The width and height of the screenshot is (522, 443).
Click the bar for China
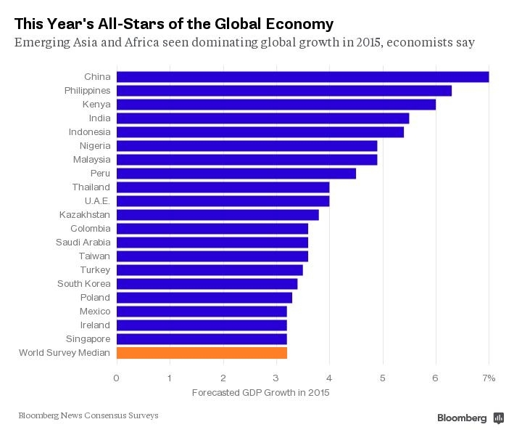pos(302,76)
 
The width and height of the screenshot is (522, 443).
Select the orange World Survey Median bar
pos(202,353)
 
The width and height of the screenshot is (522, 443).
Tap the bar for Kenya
pos(275,104)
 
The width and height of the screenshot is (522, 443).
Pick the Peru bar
pos(236,173)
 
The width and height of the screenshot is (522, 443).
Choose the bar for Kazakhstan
pos(217,214)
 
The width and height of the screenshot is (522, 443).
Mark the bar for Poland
pos(204,297)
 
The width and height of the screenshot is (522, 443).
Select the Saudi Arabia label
pos(83,242)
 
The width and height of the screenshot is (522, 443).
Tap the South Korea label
pos(84,283)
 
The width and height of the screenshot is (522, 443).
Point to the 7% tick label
pos(489,378)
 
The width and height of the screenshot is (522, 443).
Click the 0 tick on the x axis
pos(116,378)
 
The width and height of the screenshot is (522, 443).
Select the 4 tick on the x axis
pos(329,378)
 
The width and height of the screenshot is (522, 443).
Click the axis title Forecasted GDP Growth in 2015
pos(260,393)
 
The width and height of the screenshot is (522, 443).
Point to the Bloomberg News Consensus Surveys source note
pos(88,415)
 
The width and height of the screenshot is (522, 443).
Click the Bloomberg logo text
pos(462,418)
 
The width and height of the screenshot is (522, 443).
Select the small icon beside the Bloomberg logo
pos(499,418)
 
